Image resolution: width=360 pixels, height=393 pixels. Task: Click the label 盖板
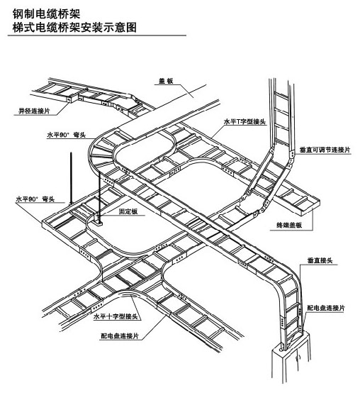tap(166, 81)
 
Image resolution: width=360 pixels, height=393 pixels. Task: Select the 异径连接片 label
tap(34, 111)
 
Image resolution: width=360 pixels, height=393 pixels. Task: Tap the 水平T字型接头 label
tap(244, 122)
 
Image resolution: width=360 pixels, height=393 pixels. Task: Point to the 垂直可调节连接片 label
tap(325, 150)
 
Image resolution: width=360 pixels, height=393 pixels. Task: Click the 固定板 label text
tap(128, 211)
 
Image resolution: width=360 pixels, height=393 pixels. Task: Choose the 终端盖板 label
tap(289, 225)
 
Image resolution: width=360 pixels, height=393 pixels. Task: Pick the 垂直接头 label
tap(320, 260)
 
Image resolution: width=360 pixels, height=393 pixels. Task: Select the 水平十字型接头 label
tap(116, 316)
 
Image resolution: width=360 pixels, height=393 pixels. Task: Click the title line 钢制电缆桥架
tap(47, 14)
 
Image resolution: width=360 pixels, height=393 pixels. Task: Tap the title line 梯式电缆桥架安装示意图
tap(74, 28)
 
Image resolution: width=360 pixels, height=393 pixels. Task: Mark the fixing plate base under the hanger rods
tap(98, 222)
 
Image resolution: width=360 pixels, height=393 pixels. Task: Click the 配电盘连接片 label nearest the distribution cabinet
tap(326, 308)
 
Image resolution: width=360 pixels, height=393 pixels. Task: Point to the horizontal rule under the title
tap(97, 35)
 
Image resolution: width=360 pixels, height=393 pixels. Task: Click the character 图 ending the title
tap(131, 28)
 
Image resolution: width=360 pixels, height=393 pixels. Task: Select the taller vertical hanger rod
tap(71, 178)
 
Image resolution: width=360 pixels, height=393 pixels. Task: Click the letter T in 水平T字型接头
tap(239, 122)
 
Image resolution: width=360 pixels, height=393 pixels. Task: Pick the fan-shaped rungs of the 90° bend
tap(102, 153)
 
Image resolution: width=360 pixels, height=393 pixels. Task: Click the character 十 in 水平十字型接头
tap(109, 316)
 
